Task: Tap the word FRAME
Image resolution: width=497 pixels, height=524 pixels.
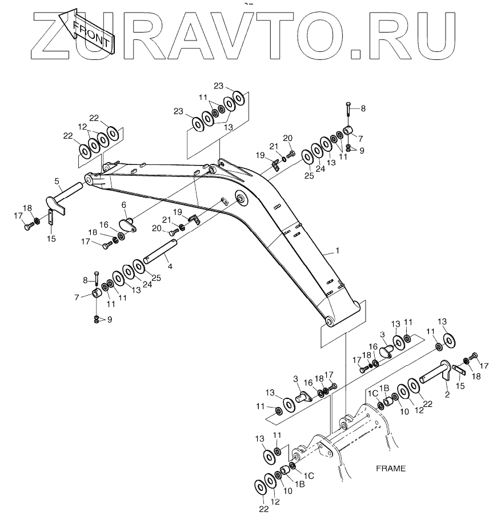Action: pos(391,469)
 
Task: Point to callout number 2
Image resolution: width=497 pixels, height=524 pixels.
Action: pos(447,393)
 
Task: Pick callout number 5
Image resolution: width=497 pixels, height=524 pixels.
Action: pos(57,181)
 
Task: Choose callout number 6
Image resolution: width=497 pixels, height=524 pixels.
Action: pos(123,204)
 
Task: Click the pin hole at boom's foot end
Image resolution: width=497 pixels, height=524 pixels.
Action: pos(329,321)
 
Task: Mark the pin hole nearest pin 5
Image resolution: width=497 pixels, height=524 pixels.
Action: pos(89,179)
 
